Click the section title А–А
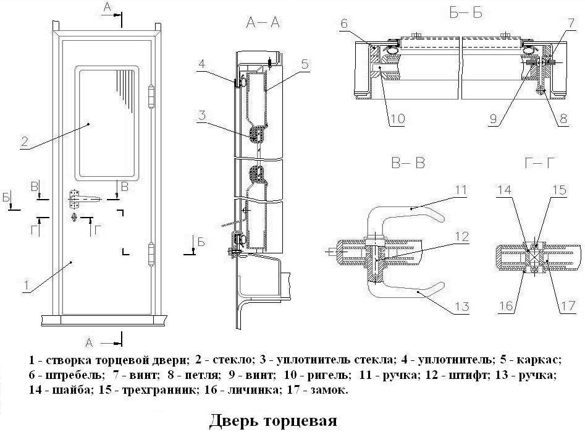[x=263, y=23]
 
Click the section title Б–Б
[x=466, y=13]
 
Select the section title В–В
[x=408, y=163]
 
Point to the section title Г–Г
[x=539, y=163]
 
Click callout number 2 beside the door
[x=25, y=142]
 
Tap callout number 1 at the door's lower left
[x=27, y=285]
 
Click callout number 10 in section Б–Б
[x=397, y=119]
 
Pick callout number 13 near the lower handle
[x=462, y=307]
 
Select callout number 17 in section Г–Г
[x=568, y=306]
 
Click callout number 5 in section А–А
[x=305, y=64]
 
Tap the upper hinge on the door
[x=151, y=96]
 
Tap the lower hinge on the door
[x=151, y=254]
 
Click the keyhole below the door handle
[x=75, y=217]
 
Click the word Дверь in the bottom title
[x=233, y=420]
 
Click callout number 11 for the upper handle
[x=461, y=190]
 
